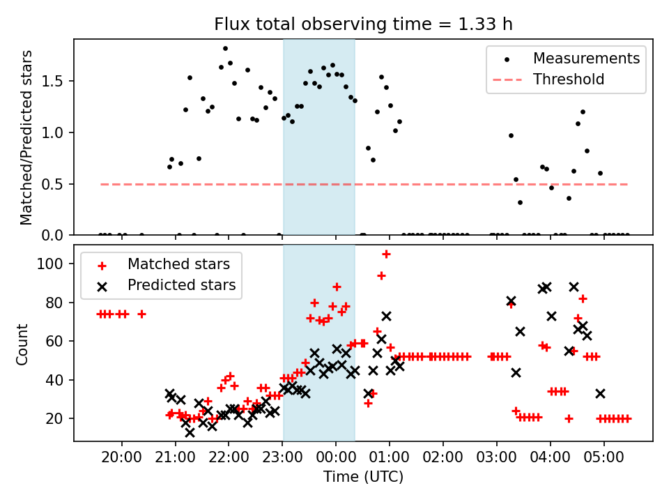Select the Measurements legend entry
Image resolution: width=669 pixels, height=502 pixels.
(x=586, y=59)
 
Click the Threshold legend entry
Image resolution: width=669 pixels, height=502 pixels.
(x=569, y=79)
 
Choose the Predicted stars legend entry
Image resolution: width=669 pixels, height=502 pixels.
(x=181, y=285)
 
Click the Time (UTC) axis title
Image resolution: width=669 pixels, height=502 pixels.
(x=362, y=478)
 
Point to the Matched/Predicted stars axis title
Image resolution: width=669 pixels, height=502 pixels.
(x=26, y=137)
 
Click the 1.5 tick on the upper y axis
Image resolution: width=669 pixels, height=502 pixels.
(x=57, y=81)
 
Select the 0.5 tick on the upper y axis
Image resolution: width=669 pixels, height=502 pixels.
(x=57, y=184)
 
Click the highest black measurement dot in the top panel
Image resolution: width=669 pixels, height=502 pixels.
(x=225, y=49)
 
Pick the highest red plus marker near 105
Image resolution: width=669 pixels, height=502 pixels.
(x=386, y=254)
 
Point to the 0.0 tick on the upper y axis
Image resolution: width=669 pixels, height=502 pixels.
(x=57, y=236)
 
